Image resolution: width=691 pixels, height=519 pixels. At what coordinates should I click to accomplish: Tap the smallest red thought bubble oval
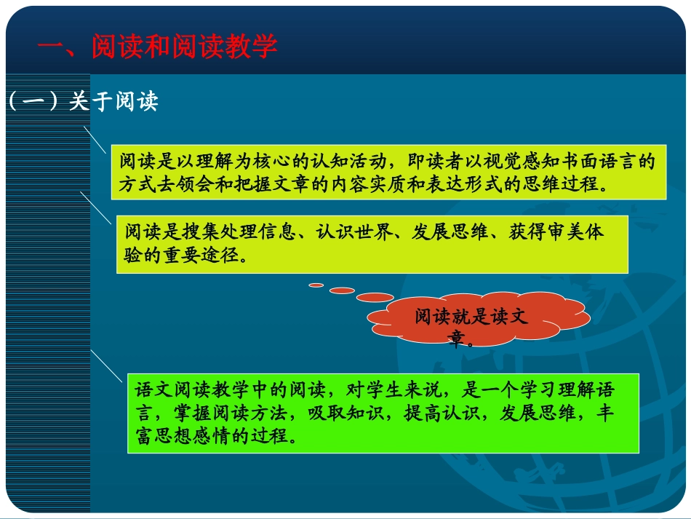(x=316, y=285)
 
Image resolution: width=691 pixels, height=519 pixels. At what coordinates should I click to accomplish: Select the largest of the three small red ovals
(x=375, y=297)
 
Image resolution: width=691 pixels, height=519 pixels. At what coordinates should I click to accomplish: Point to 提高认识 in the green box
(x=433, y=413)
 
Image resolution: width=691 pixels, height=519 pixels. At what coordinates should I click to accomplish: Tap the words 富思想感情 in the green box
(x=182, y=436)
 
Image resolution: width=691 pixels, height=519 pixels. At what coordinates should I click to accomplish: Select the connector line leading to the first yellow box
(x=96, y=139)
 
